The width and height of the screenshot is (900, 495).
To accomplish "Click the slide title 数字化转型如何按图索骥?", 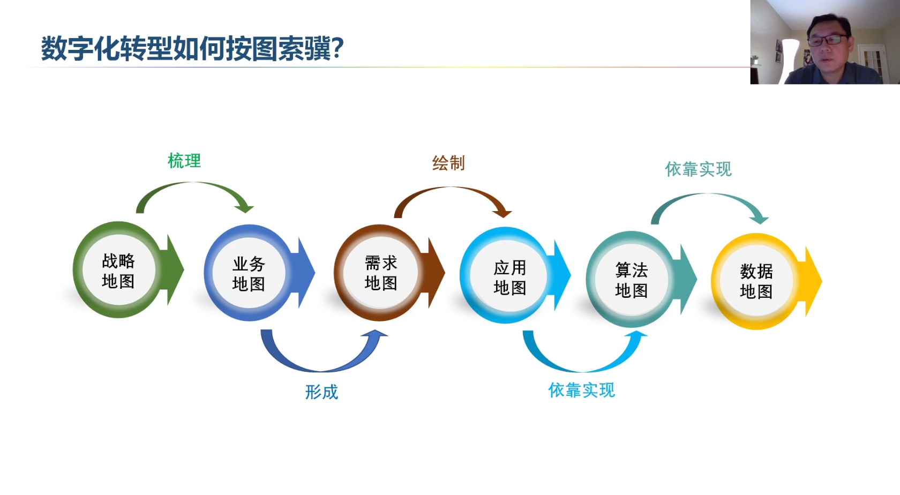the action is coord(192,49).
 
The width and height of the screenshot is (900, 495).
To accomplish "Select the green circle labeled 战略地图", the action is coord(118,269).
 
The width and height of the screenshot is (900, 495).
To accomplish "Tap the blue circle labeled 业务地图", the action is coord(249,273).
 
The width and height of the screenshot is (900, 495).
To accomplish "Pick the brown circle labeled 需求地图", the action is coord(379,273).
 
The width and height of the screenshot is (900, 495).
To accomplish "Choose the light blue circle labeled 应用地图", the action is coord(506,275).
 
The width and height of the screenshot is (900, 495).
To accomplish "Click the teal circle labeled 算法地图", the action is coord(632,279).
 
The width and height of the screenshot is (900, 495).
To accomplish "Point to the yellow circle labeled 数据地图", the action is coord(757,281).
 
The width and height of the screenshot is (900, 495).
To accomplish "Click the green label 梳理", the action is coord(184,161).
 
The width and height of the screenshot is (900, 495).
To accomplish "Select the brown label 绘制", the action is coord(449,163).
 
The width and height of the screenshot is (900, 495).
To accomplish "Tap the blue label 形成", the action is coord(321,392).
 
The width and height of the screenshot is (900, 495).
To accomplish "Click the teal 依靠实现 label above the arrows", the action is coord(699,169).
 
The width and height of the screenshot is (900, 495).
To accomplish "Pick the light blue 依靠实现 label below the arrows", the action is coord(581,390).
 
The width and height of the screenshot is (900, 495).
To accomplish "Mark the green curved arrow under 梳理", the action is coord(195,184).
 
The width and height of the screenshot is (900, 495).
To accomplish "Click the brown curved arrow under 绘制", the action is coord(452,188).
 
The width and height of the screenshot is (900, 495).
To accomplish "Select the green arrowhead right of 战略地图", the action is coord(172,269).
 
